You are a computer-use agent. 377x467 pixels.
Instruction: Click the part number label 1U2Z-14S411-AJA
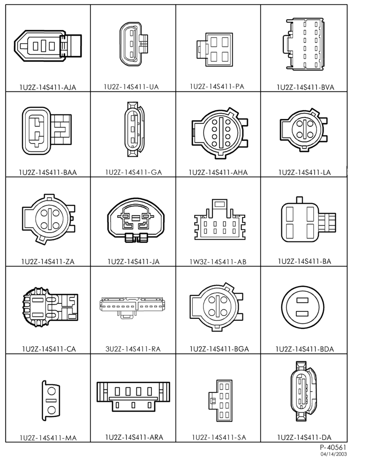pos(48,87)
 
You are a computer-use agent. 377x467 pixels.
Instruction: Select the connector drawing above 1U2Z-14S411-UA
pos(134,44)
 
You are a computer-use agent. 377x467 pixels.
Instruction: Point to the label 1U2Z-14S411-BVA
pos(305,87)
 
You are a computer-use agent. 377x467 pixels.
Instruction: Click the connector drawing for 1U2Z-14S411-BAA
pos(46,130)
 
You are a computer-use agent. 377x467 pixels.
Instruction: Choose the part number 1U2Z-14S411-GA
pos(134,172)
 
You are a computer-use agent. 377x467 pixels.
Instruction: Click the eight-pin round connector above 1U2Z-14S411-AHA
pos(219,132)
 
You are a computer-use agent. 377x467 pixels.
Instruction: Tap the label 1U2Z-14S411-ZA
pos(48,262)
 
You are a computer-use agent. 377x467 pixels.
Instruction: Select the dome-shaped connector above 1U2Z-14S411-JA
pos(136,220)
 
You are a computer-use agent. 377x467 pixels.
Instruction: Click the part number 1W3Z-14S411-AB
pos(218,262)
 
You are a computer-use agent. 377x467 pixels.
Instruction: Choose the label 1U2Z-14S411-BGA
pos(219,349)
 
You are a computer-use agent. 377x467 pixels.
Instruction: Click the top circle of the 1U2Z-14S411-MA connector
pos(52,391)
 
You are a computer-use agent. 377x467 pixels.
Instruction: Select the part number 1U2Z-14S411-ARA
pos(134,437)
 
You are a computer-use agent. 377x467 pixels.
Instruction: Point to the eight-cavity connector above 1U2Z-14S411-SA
pos(220,400)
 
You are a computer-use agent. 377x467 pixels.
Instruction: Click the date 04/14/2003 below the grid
pos(333,454)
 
